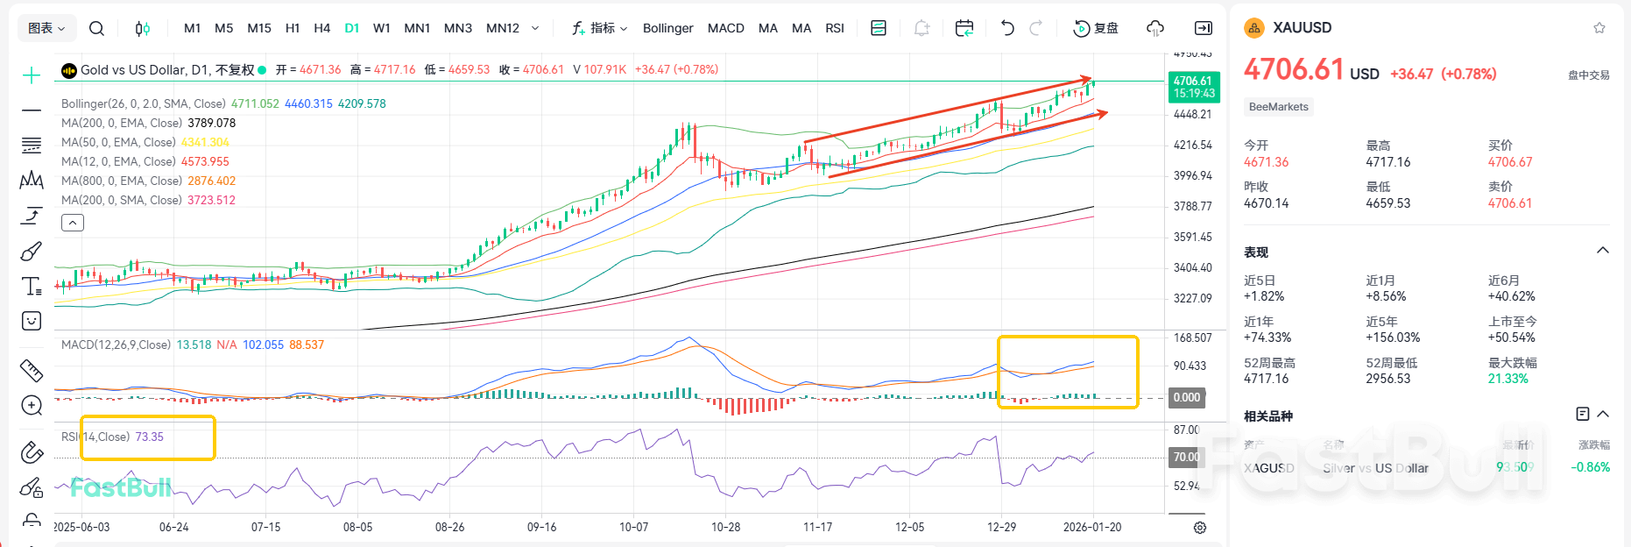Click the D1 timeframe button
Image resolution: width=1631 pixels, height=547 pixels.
[x=351, y=28]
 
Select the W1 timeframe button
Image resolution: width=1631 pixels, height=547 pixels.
[x=381, y=28]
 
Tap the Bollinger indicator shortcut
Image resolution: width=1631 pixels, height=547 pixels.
[x=667, y=28]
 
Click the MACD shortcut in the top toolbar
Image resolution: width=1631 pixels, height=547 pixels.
[x=725, y=28]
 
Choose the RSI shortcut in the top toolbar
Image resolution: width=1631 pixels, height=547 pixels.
[x=835, y=28]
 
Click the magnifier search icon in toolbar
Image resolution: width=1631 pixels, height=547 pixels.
[x=96, y=28]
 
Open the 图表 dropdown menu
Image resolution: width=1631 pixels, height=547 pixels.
[x=46, y=28]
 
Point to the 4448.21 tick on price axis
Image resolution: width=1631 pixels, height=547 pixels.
[x=1192, y=114]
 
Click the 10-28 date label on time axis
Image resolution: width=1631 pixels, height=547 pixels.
[x=725, y=527]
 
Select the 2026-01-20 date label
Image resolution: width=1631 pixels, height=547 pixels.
[x=1091, y=527]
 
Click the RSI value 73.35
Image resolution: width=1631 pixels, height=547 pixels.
[x=149, y=437]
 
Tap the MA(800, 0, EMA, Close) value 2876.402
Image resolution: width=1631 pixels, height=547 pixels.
[x=211, y=181]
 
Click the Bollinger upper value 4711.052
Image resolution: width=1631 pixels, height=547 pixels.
[x=255, y=103]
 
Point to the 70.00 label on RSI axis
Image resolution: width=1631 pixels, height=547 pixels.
[x=1186, y=457]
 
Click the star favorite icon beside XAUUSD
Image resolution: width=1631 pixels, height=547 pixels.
[x=1599, y=28]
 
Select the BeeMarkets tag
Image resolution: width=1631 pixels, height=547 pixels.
[x=1278, y=107]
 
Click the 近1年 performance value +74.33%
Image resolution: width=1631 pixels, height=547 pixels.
[x=1267, y=337]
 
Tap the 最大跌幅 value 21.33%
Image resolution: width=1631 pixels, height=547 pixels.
[x=1507, y=379]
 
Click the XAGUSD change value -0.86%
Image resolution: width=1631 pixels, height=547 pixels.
[x=1590, y=467]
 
